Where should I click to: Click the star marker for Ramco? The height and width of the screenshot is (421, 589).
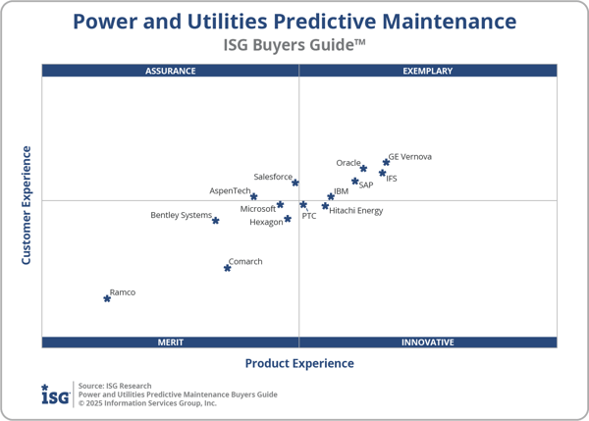coord(107,298)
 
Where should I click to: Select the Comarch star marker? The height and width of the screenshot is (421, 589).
coord(228,268)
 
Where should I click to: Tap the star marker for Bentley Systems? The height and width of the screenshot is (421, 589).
coord(215,221)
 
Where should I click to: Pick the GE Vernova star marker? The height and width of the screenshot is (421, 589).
coord(386,162)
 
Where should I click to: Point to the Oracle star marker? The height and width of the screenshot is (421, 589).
coord(363,169)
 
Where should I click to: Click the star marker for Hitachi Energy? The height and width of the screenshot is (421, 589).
coord(325,206)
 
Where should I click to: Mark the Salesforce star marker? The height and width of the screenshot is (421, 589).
coord(294,183)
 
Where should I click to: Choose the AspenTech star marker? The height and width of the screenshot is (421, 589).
coord(253,196)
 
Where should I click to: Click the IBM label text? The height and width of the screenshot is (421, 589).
coord(341,191)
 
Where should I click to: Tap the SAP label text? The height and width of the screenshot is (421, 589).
coord(365,184)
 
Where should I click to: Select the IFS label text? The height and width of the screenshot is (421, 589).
coord(392,179)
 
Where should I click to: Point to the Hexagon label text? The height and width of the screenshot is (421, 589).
coord(266,222)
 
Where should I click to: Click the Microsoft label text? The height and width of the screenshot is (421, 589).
coord(258,208)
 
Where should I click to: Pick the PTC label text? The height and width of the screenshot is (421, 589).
coord(309,215)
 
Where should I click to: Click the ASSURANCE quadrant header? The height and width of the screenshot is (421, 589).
coord(170,71)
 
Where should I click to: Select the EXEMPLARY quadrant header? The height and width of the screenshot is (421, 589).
coord(428,71)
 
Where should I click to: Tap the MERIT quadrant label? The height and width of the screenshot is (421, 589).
coord(170,342)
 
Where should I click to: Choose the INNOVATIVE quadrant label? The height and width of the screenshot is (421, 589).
coord(428,342)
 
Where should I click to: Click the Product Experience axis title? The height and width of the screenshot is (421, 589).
coord(298,363)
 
